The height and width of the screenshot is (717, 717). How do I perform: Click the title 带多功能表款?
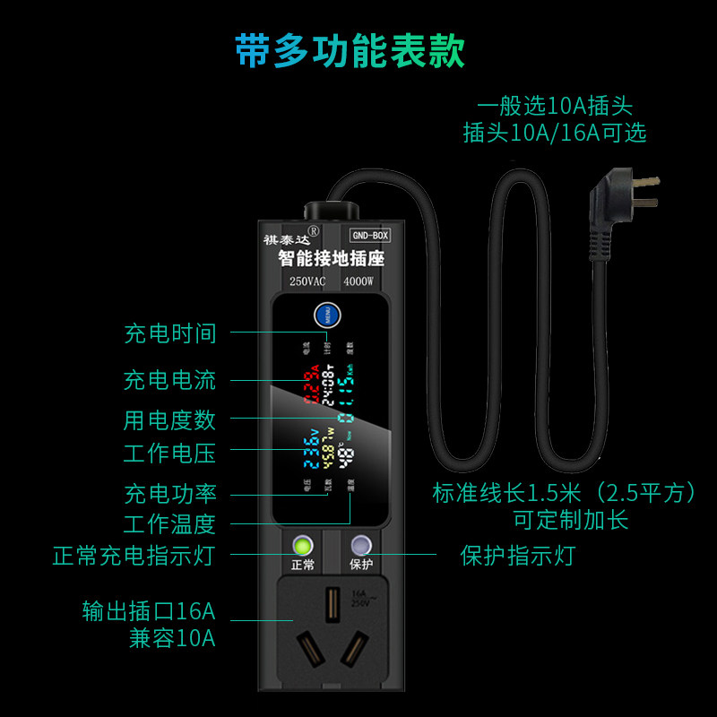pyautogui.click(x=350, y=51)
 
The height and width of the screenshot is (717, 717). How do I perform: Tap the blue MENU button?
pyautogui.click(x=324, y=318)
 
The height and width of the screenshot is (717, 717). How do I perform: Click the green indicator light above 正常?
pyautogui.click(x=303, y=545)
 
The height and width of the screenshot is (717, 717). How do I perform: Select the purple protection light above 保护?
pyautogui.click(x=360, y=545)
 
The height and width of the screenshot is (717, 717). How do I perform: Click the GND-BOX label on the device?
pyautogui.click(x=368, y=236)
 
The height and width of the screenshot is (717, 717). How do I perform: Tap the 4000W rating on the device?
pyautogui.click(x=363, y=282)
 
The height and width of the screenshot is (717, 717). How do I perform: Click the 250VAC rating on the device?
pyautogui.click(x=307, y=282)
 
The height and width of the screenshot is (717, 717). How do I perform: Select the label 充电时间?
pyautogui.click(x=170, y=333)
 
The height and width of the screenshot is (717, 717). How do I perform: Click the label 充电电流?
pyautogui.click(x=170, y=379)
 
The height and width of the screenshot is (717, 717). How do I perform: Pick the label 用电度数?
pyautogui.click(x=170, y=419)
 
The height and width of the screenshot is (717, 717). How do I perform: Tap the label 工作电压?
pyautogui.click(x=170, y=453)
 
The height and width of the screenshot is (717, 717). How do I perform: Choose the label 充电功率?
pyautogui.click(x=170, y=494)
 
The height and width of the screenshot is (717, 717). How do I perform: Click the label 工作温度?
pyautogui.click(x=170, y=523)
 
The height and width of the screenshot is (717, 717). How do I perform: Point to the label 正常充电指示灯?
pyautogui.click(x=134, y=556)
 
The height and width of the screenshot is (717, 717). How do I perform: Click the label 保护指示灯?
pyautogui.click(x=517, y=556)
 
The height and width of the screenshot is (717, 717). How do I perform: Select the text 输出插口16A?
pyautogui.click(x=149, y=612)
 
